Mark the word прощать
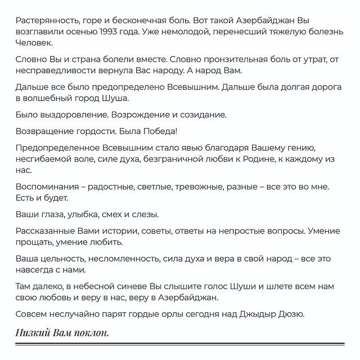coord(34,243)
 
